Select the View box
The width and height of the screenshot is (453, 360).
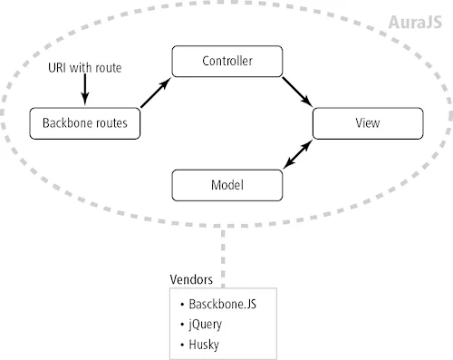tap(368, 122)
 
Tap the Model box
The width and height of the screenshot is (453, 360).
tap(226, 184)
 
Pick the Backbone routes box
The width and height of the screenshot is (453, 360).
tap(86, 122)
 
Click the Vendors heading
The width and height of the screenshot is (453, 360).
tap(192, 279)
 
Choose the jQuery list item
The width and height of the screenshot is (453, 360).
tap(209, 324)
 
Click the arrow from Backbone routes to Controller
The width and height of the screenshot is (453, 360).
tap(156, 93)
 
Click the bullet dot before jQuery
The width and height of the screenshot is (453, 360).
tap(184, 324)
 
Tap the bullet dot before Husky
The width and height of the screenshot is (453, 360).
tap(184, 344)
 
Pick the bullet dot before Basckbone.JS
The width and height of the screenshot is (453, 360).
tap(184, 303)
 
